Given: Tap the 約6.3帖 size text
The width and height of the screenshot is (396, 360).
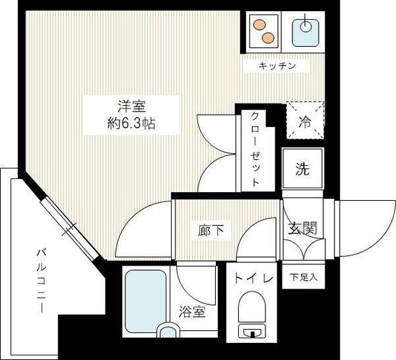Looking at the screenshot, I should click(123, 122).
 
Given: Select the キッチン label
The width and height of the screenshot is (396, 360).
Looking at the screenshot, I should click(277, 67).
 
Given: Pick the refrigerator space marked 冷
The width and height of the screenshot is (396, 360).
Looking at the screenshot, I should click(306, 120).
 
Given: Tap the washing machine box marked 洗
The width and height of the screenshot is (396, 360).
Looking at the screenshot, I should click(302, 169).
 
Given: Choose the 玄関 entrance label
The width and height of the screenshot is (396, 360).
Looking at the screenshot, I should click(302, 229).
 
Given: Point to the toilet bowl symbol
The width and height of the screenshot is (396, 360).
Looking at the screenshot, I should click(251, 316).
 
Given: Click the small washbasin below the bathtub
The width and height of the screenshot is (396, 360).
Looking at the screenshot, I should click(170, 332).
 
